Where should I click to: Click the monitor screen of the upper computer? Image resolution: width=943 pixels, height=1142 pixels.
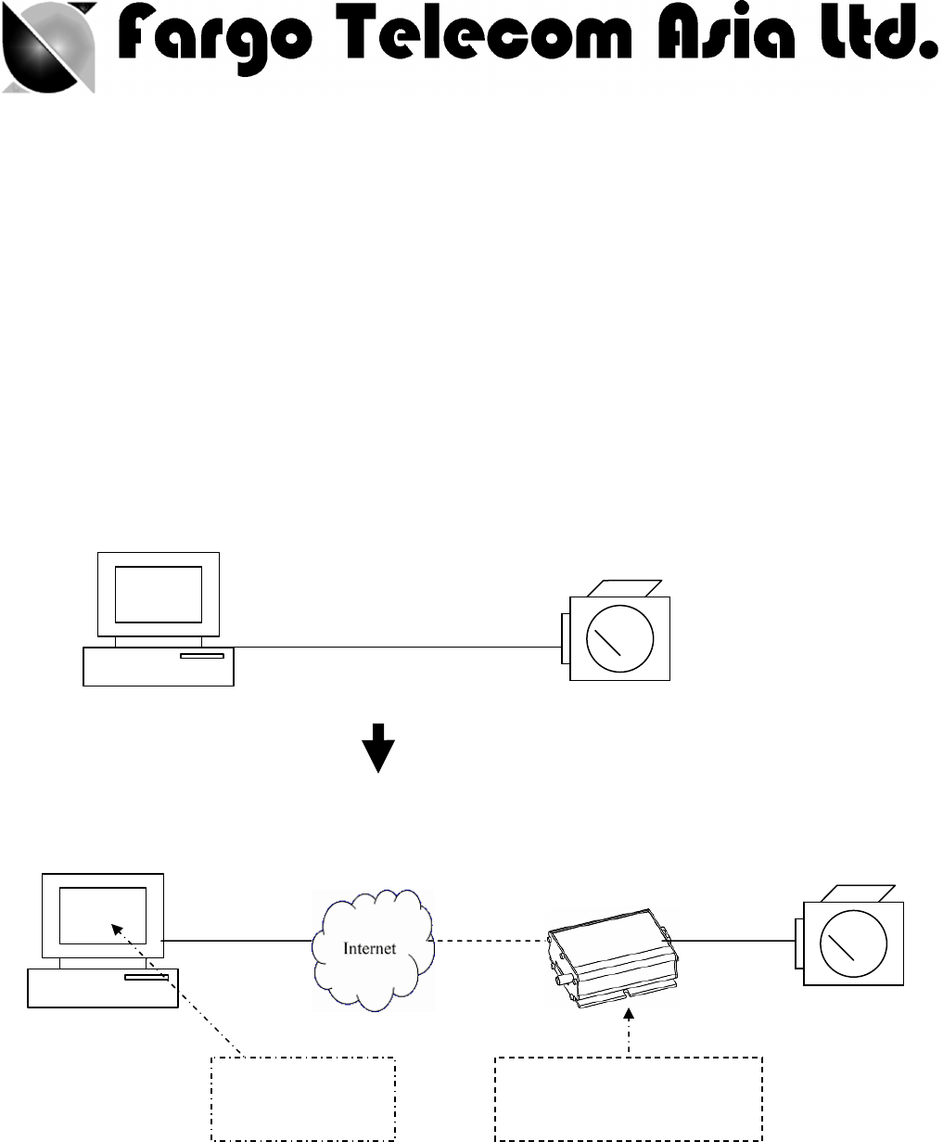pos(159,594)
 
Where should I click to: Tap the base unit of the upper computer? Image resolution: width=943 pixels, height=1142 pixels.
pos(158,665)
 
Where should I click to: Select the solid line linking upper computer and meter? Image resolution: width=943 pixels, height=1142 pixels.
pos(399,647)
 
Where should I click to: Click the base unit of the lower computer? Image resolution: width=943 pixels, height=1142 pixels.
pos(102,988)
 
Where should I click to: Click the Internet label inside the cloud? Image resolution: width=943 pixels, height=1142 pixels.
pos(371,948)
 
